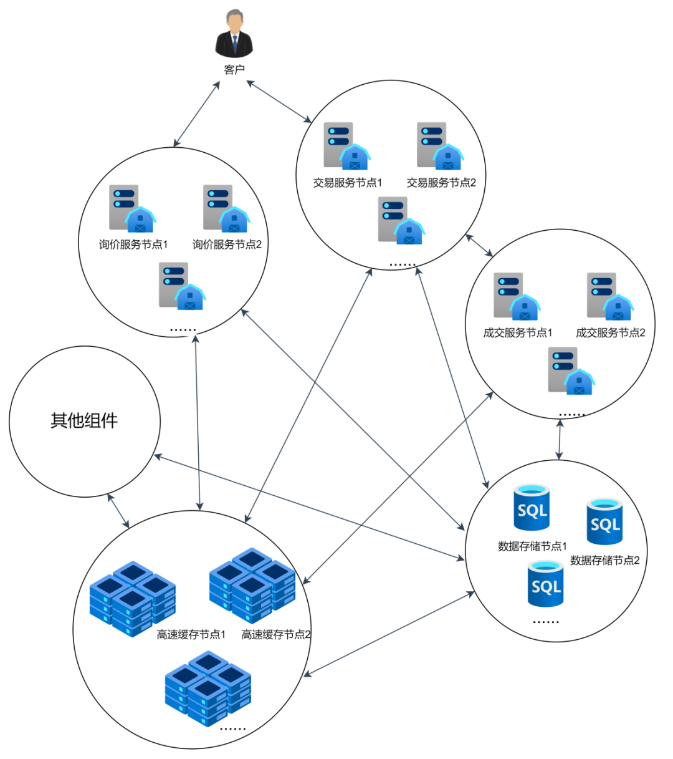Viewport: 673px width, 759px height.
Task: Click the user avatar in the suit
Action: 234,34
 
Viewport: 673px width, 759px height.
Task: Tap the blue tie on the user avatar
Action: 234,45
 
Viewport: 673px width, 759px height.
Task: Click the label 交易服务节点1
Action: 348,183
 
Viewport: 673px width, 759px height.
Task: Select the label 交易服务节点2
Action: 441,183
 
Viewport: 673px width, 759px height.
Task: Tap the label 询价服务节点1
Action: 133,244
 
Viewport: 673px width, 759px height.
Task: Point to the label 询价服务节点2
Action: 227,244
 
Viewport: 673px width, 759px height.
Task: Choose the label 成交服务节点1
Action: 518,332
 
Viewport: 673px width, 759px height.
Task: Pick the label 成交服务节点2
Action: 611,332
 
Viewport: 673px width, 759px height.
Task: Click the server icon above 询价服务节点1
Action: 131,208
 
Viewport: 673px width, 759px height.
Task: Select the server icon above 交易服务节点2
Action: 439,147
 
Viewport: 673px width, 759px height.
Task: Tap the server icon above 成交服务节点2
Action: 609,296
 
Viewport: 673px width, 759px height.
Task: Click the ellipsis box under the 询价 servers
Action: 183,326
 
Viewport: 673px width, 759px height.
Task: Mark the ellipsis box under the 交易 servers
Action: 403,261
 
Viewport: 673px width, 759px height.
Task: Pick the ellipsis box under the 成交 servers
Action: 572,411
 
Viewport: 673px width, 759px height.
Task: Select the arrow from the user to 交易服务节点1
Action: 279,101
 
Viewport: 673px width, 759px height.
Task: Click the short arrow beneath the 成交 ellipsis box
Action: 559,440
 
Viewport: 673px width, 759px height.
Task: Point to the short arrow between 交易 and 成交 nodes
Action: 479,245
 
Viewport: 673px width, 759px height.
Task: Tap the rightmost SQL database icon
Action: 604,521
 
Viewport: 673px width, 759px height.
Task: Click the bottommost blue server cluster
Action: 208,689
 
